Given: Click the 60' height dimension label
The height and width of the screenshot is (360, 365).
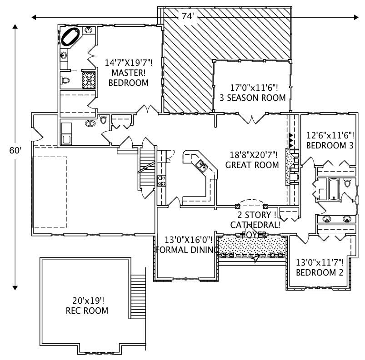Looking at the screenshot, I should [15, 151].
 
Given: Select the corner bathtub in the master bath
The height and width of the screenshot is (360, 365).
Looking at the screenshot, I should [71, 37].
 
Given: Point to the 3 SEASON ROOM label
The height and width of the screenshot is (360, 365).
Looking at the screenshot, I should [252, 98].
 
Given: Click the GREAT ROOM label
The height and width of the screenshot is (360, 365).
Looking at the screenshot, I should [252, 165].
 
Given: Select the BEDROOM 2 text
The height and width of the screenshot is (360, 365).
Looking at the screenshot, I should [320, 272].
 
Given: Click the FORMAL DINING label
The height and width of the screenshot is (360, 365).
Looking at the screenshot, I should [184, 249].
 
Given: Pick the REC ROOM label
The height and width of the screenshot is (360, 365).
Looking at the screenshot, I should [87, 311].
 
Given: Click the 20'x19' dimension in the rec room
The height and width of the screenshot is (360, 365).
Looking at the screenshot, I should [87, 301].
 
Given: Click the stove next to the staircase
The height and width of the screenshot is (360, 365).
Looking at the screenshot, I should [161, 181].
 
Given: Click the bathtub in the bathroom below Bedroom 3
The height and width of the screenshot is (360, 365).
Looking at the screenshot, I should [333, 190].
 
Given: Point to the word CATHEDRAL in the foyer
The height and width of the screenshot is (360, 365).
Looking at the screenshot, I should [255, 225].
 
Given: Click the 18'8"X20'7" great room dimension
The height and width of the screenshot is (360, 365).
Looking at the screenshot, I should [252, 155].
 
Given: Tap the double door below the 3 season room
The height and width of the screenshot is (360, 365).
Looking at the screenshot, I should [252, 119].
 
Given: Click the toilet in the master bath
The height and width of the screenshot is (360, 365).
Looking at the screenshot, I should [65, 81].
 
